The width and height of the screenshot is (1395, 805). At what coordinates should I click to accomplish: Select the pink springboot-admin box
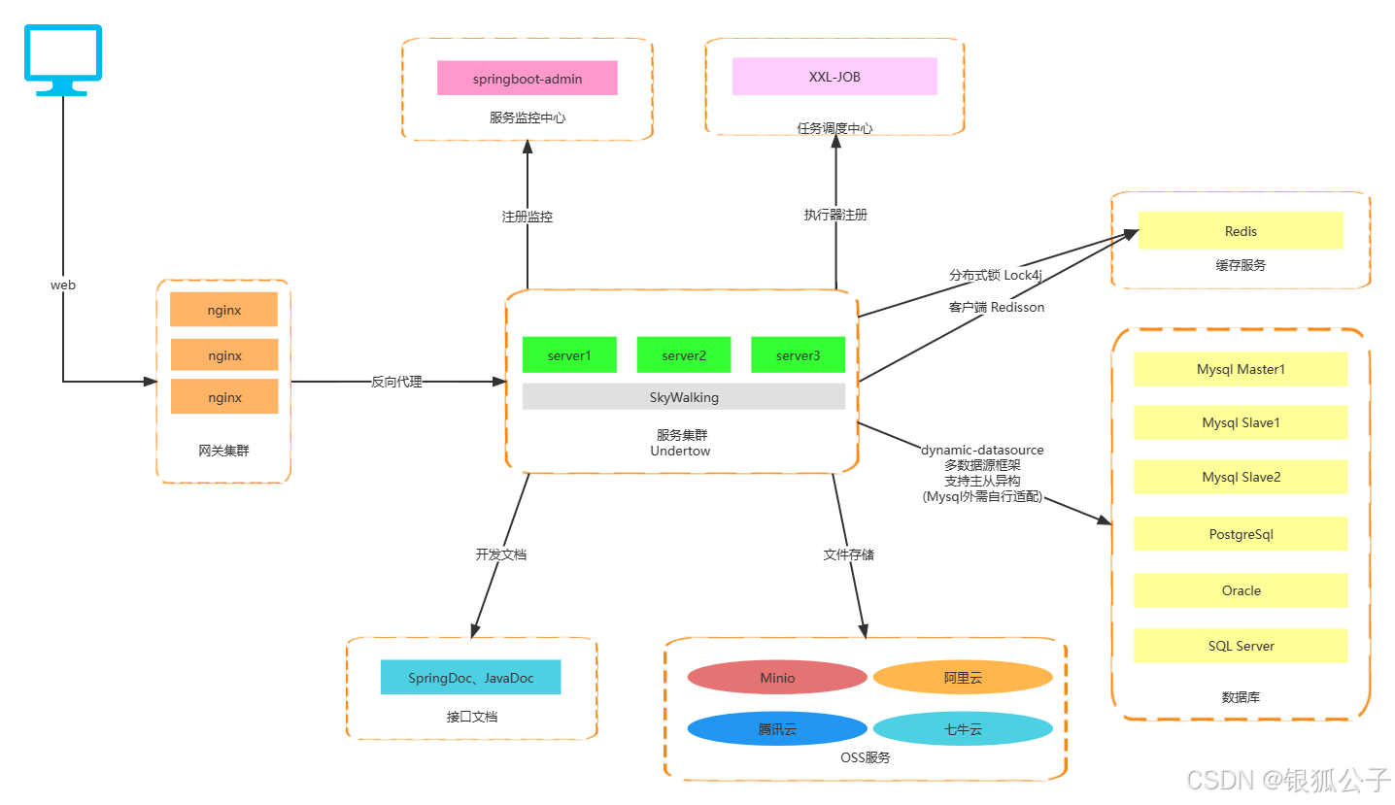tap(527, 79)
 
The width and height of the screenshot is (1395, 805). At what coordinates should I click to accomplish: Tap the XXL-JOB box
tap(834, 77)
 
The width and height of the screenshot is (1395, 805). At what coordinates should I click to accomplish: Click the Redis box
tap(1241, 231)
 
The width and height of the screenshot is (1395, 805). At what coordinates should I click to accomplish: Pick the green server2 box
tap(683, 355)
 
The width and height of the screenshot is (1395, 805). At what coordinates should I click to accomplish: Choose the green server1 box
tap(568, 355)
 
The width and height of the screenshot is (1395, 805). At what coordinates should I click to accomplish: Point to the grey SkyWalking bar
tap(684, 397)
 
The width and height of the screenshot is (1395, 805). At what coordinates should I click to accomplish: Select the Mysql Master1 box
tap(1241, 369)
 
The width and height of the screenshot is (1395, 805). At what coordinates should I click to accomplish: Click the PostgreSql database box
tap(1241, 534)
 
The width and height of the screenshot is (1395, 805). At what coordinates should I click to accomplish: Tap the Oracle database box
tap(1241, 590)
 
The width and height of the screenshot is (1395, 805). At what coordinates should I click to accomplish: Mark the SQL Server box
tap(1241, 646)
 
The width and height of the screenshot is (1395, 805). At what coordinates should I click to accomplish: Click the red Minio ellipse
tap(776, 678)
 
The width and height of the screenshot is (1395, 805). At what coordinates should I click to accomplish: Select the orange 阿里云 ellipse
tap(963, 678)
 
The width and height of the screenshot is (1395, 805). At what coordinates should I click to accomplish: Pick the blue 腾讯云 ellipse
tap(776, 729)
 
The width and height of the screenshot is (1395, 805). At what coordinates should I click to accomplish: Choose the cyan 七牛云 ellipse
tap(963, 729)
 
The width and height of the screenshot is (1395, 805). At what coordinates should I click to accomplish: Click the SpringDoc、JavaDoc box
tap(470, 678)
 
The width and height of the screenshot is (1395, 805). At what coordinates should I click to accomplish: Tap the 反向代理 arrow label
tap(396, 382)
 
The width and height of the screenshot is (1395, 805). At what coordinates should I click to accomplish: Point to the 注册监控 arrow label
tap(527, 217)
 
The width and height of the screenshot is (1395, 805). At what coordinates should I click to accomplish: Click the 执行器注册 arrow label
tap(835, 215)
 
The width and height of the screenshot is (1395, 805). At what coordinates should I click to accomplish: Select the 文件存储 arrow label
tap(848, 554)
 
